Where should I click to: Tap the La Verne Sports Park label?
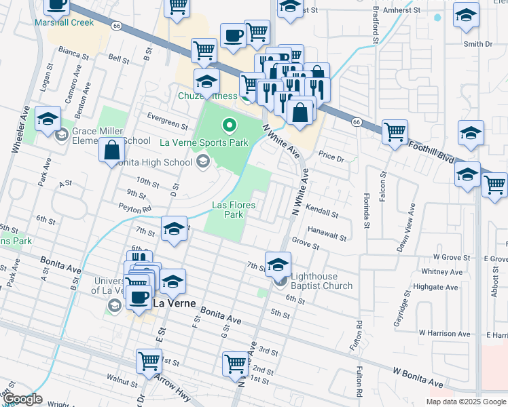click(204, 142)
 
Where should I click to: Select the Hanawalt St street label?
click(327, 234)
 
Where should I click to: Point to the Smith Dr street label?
click(477, 44)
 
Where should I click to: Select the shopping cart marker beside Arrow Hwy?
click(149, 361)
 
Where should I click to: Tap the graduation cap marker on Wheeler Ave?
click(48, 118)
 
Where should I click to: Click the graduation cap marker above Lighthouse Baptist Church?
click(278, 264)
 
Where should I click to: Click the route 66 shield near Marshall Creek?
click(117, 26)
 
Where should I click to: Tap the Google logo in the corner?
click(22, 399)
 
